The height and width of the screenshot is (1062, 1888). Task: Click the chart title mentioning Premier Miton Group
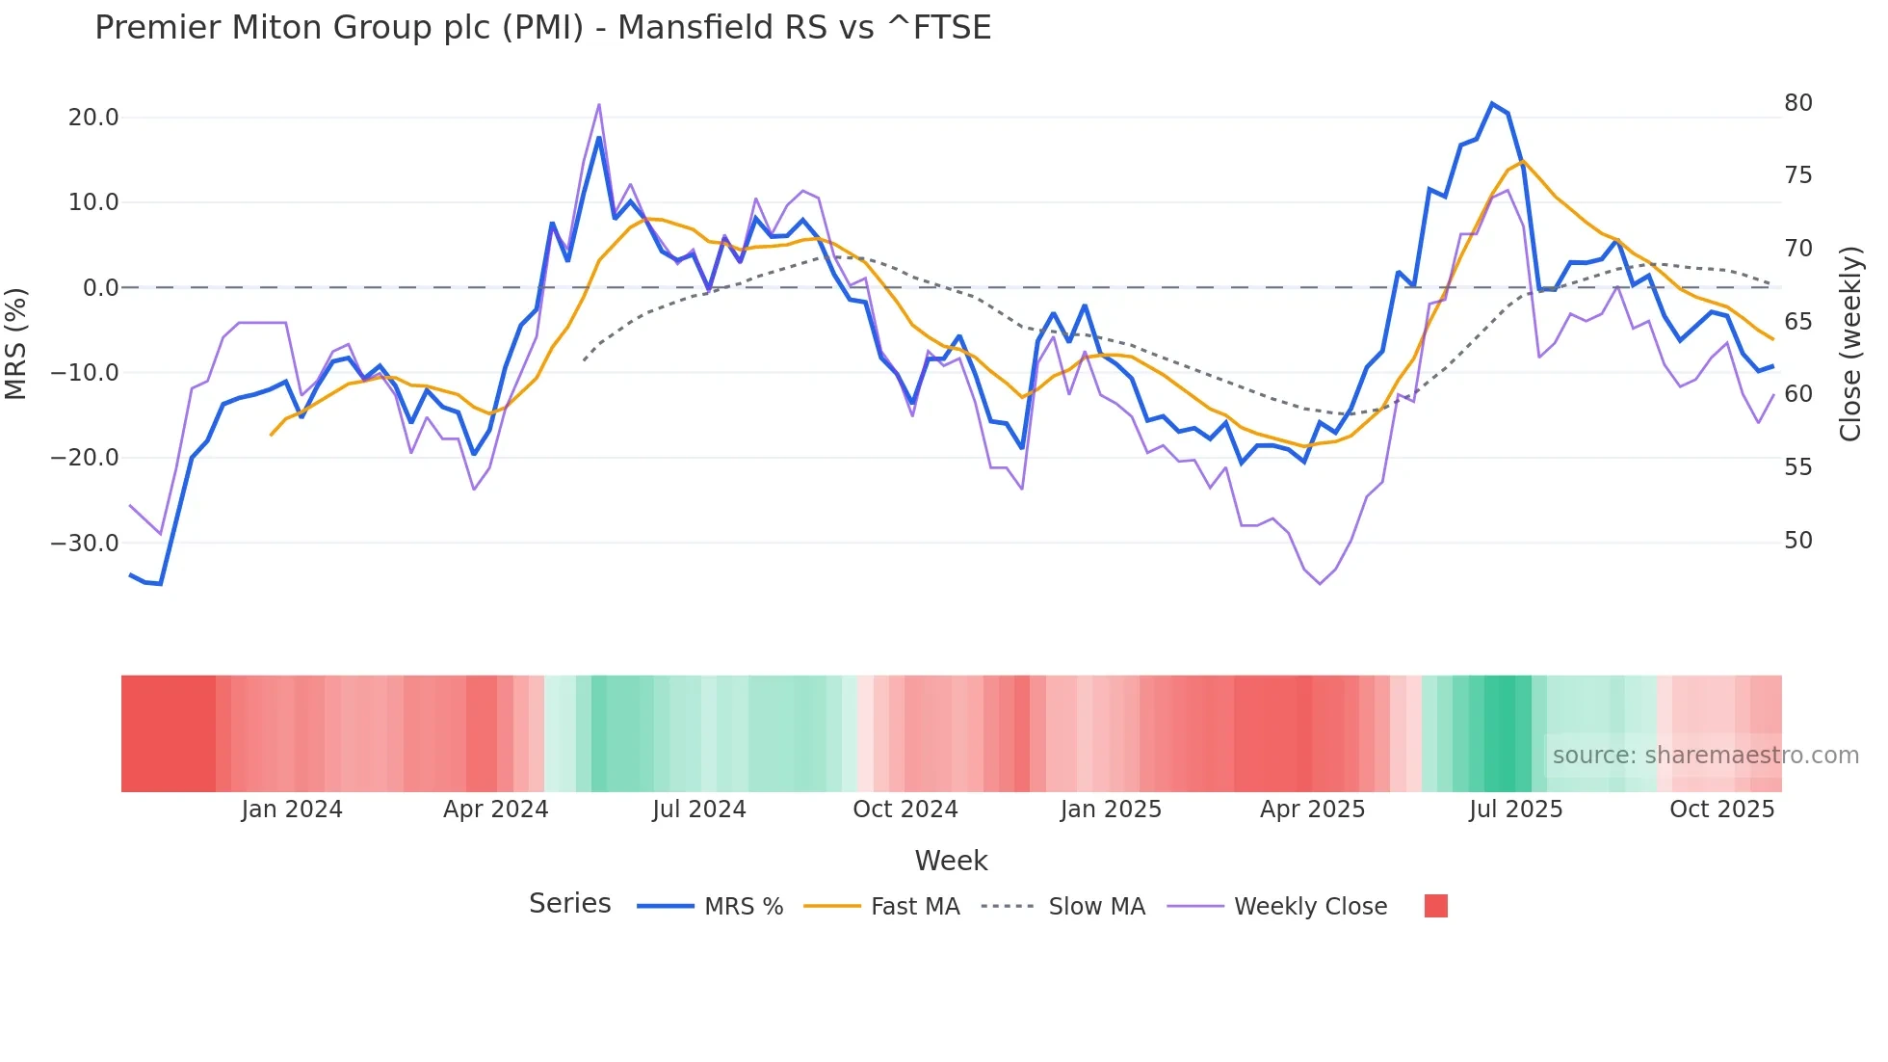tap(542, 28)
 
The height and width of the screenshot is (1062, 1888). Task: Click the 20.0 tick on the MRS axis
tap(93, 118)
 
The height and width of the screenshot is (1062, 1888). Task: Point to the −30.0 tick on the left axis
tap(85, 543)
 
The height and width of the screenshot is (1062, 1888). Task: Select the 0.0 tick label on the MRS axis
tap(101, 287)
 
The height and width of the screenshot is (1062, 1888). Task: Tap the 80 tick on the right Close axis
tap(1797, 103)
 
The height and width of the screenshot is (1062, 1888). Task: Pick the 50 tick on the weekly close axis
tap(1797, 541)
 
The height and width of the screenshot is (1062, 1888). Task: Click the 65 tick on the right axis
tap(1797, 322)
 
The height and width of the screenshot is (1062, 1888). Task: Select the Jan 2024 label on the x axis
tap(291, 810)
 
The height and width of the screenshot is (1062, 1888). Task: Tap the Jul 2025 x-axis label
tap(1515, 810)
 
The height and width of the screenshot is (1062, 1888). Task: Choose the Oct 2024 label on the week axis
tap(905, 810)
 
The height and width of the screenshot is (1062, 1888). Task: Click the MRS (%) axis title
tap(16, 343)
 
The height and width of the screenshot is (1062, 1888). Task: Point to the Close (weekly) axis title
tap(1849, 344)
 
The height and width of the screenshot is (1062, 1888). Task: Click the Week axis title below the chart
tap(951, 861)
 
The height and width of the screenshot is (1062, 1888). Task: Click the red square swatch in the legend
tap(1435, 906)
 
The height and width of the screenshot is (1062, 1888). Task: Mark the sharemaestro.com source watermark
tap(1705, 756)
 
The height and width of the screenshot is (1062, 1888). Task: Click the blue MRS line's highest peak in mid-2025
tap(1492, 103)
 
